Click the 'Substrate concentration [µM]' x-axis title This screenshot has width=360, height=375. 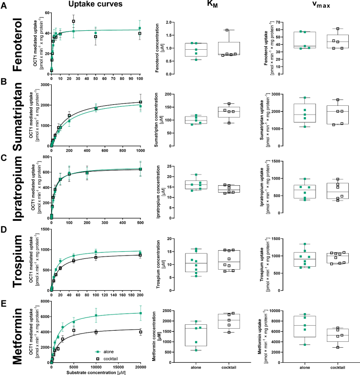click(95, 372)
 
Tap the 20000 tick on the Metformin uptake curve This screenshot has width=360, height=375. click(140, 366)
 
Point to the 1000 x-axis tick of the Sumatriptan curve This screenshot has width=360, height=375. click(140, 149)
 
